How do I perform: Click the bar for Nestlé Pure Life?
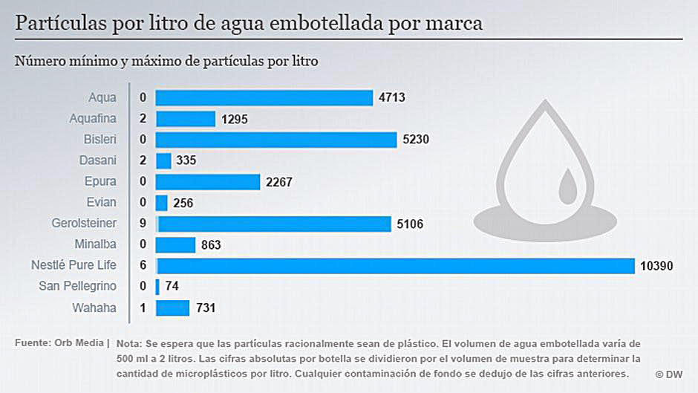395,266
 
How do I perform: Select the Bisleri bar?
276,140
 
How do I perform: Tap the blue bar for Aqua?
264,97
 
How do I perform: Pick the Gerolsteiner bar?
274,224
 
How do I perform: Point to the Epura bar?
208,182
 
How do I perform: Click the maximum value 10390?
656,266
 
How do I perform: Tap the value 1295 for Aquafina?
235,119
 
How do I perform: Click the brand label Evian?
102,202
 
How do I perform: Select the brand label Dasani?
98,160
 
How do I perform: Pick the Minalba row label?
95,244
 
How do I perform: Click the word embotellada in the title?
313,23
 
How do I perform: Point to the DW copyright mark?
669,374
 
